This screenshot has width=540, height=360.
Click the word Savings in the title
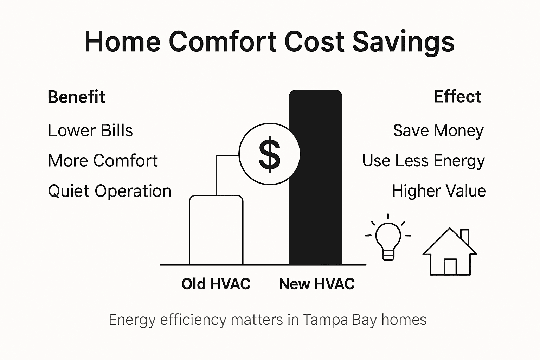(403, 42)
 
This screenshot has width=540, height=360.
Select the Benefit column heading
(76, 97)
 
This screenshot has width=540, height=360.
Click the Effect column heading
(457, 97)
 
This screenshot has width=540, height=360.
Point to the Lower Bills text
(90, 131)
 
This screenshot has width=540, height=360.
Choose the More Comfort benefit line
(103, 161)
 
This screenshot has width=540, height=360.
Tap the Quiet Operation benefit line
(109, 191)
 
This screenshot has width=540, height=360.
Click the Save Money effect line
(438, 131)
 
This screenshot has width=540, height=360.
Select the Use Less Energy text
(423, 161)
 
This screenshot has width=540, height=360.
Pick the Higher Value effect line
(439, 191)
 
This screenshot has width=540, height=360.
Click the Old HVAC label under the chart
(216, 284)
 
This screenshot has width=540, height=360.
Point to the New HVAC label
(317, 284)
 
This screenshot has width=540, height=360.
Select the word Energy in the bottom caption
(132, 320)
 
